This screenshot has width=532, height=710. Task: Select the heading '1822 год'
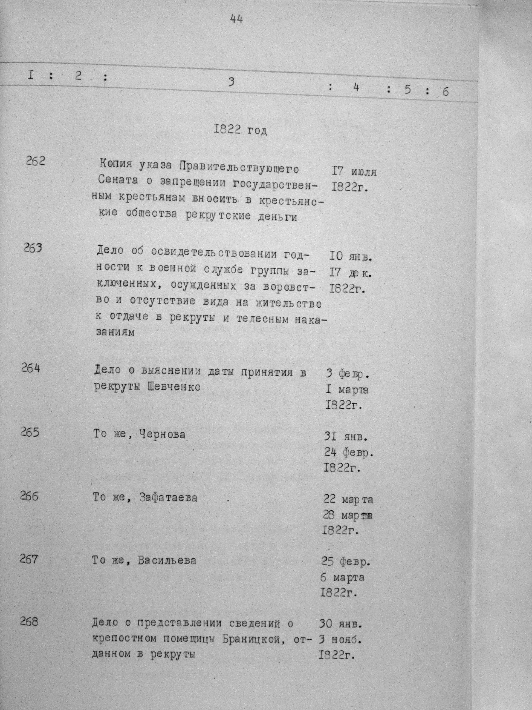point(239,130)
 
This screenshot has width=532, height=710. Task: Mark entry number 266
point(29,496)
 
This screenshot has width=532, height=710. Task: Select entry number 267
point(29,559)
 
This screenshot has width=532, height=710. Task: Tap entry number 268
point(29,622)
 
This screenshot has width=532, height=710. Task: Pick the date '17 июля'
point(354,172)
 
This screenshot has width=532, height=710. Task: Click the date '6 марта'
point(342,577)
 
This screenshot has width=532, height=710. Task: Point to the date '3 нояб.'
point(340,640)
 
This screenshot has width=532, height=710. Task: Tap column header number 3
point(231,82)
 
